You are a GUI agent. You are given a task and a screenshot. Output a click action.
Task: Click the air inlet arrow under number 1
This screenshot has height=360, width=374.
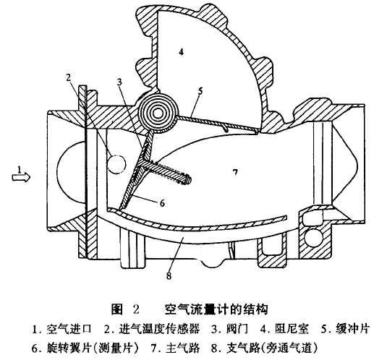21,177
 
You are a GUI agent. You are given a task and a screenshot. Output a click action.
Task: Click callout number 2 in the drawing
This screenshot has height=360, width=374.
69,77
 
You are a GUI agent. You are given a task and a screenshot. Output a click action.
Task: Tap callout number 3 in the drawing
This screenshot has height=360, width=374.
119,82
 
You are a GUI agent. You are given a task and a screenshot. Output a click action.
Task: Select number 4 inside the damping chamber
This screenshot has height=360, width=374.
181,51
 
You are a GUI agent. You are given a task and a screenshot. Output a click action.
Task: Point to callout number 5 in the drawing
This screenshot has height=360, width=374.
200,91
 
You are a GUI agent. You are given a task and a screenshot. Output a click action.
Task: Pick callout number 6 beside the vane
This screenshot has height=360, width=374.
162,203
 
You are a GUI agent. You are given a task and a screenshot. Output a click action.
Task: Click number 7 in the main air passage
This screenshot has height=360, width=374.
235,172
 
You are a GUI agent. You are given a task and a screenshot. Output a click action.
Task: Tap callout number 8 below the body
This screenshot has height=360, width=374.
169,275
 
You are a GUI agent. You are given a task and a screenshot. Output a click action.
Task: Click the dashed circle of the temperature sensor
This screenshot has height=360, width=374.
116,164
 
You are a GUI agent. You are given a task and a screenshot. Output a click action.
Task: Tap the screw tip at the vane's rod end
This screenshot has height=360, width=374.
190,180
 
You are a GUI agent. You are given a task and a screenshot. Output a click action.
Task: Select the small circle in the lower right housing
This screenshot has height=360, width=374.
313,237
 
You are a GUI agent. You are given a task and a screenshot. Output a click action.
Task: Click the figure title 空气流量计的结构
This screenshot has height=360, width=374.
216,309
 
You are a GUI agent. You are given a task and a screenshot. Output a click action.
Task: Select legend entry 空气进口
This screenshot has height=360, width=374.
69,329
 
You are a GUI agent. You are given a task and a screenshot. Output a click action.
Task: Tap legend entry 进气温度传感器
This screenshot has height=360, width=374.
159,329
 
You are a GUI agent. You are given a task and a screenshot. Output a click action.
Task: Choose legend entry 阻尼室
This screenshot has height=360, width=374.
292,329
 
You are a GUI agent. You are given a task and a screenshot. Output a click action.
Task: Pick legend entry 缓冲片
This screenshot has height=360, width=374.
352,329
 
